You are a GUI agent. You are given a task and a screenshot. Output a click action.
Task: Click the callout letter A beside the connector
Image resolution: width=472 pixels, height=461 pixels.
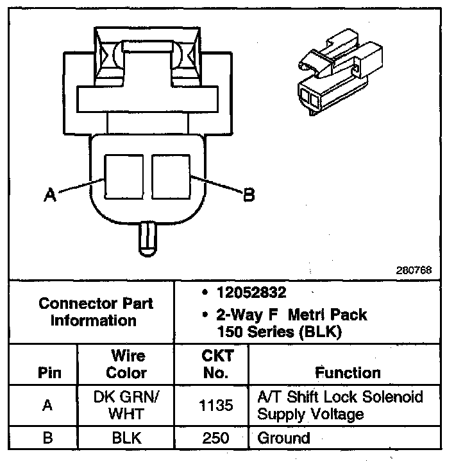click(x=49, y=194)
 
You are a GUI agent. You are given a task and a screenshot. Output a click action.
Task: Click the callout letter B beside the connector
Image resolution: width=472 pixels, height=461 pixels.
click(x=249, y=195)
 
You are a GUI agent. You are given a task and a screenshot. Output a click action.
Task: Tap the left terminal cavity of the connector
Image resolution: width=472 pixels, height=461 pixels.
click(x=124, y=175)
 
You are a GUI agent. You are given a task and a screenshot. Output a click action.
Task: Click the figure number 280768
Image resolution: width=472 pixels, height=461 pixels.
click(x=414, y=270)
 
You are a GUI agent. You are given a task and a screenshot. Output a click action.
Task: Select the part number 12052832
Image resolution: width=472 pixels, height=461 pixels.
click(x=251, y=293)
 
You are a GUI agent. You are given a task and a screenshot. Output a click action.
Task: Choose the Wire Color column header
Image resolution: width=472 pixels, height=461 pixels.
click(x=126, y=364)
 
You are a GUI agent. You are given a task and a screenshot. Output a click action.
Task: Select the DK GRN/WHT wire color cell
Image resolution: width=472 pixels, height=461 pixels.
click(x=126, y=404)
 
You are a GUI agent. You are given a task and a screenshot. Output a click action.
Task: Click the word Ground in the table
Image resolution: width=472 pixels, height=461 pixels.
click(x=283, y=439)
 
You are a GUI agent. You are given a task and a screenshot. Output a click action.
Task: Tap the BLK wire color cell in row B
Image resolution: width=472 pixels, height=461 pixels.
click(x=126, y=439)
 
